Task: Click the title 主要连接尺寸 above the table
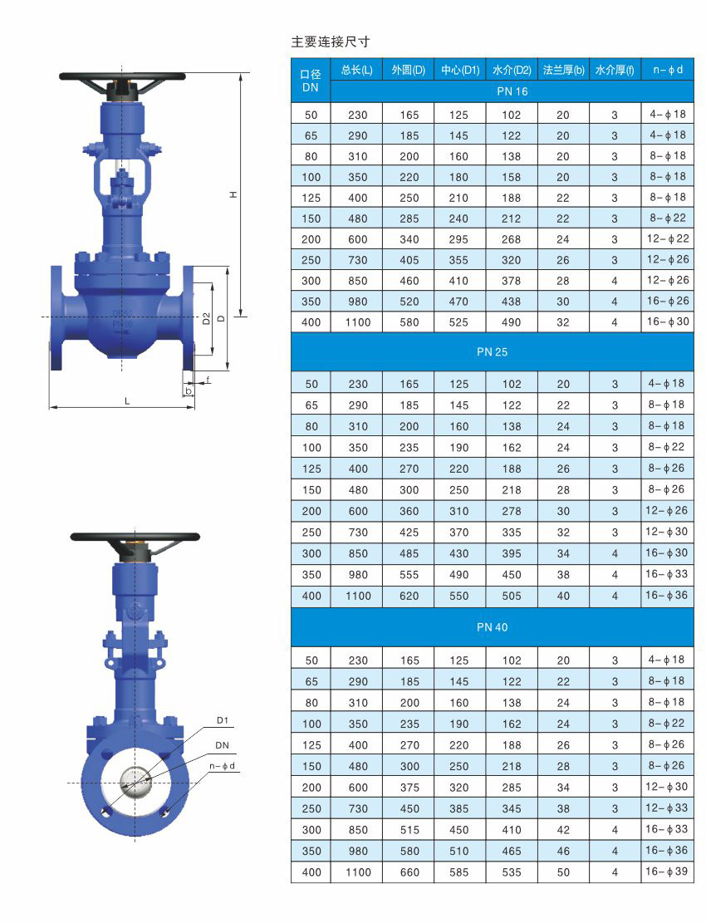click(x=330, y=42)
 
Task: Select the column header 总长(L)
click(x=356, y=70)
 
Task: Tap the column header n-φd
click(x=668, y=70)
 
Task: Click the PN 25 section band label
click(x=492, y=352)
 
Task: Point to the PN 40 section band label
click(x=492, y=627)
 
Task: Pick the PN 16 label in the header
click(x=512, y=91)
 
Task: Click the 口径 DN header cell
click(x=310, y=81)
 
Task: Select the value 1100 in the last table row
click(x=358, y=872)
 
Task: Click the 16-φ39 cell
click(x=667, y=871)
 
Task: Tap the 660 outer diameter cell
click(x=409, y=872)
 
